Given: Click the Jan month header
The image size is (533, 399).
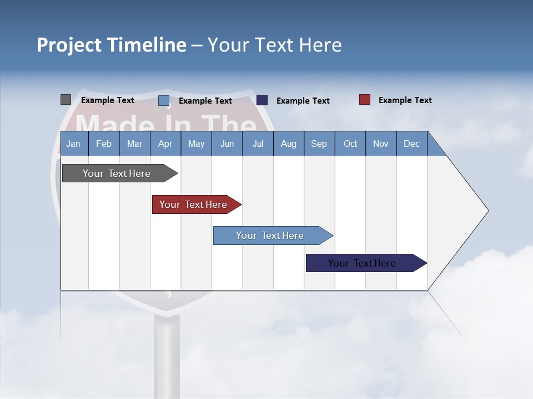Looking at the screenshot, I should coord(73,144).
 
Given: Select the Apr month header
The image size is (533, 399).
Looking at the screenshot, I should coord(165,144).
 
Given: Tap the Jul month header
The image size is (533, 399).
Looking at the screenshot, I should coord(258,144).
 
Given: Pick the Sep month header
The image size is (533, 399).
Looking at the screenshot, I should coord(319,144).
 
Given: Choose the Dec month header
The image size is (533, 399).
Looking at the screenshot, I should coord(411,144).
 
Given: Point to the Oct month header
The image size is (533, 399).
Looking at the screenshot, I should coord(350,144).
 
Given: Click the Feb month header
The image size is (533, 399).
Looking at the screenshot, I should coord(104,144).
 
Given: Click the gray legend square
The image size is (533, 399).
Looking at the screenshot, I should coord(66,100).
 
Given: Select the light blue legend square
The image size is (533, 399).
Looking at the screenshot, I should coord(164,100).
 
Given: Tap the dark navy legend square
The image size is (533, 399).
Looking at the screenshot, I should coord(262,100).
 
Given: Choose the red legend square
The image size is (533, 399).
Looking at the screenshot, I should coord(365,100).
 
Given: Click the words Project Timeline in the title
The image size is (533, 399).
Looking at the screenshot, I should coord(112,45).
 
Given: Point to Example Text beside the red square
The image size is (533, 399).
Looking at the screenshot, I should coord(405,100).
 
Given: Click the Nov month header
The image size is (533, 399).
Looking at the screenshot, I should coord(381,144).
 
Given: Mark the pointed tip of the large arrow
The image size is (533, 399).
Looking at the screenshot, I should coord(487,211).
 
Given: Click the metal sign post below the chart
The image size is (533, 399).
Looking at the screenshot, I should coord(167,355).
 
